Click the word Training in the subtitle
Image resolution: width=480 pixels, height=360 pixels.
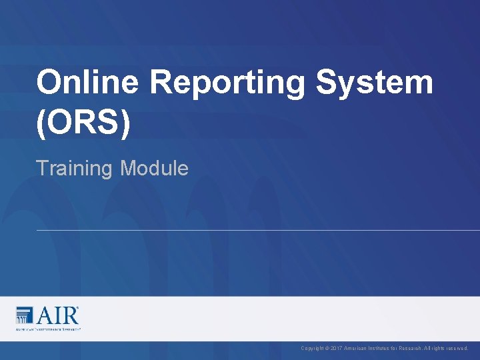pos(75,169)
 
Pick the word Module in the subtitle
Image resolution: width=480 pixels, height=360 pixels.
pos(155,168)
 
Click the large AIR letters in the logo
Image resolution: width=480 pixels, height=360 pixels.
pos(57,315)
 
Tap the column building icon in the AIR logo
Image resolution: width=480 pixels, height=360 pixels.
pos(24,315)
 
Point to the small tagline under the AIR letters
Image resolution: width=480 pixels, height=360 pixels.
pos(48,329)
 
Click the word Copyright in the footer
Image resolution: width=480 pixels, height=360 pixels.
pos(311,348)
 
